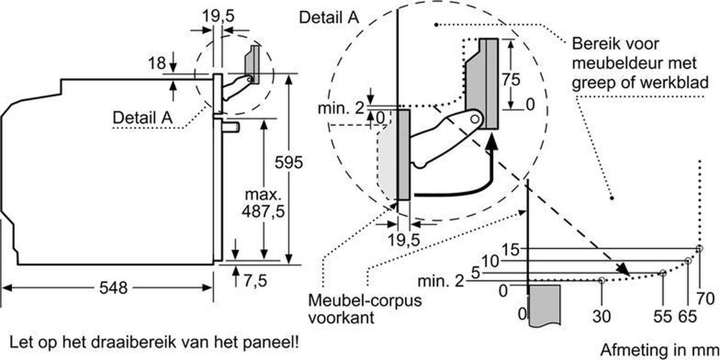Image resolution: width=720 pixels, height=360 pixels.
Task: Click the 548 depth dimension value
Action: point(113,287)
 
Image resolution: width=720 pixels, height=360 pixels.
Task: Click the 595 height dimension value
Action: point(289,163)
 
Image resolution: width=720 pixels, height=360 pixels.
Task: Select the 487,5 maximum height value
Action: point(263,211)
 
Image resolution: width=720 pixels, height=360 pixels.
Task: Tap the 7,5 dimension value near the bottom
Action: point(255,281)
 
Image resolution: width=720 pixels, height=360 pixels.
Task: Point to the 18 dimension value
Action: point(157,63)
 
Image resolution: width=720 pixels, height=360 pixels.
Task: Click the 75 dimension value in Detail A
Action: point(511,79)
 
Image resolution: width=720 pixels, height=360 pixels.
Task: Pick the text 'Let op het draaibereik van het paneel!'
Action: point(154,343)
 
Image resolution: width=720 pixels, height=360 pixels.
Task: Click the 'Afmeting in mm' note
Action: point(659,350)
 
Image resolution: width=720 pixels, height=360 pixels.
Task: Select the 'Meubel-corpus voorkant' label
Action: point(365,309)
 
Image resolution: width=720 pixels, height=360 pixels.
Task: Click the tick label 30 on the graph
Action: point(601,316)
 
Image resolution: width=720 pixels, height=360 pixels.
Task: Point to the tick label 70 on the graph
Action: point(706,299)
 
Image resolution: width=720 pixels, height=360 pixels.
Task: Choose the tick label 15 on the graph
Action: point(510,250)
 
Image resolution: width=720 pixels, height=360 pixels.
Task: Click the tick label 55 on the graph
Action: point(662,316)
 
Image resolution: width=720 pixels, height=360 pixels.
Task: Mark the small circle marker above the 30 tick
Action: point(602,280)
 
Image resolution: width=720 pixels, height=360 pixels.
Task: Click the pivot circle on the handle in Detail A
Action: point(475,119)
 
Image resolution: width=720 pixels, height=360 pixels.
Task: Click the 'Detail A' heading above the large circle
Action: point(329,17)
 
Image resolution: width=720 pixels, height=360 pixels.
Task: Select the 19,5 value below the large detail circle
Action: point(404,240)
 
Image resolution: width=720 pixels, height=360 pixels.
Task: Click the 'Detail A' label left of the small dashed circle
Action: point(142,118)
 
